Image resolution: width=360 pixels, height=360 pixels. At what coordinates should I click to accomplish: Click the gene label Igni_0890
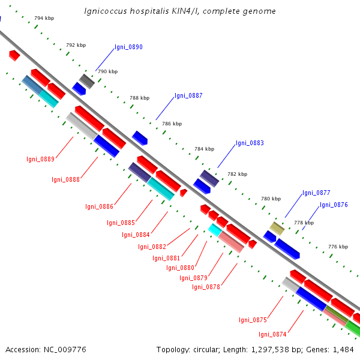[128, 47]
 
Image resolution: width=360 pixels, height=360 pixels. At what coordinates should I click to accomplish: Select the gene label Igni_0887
[188, 95]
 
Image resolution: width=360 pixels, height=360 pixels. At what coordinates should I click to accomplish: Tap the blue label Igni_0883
[250, 143]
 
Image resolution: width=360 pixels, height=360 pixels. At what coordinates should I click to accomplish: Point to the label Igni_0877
[316, 193]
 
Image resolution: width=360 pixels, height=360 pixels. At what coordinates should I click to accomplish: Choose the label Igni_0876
[334, 205]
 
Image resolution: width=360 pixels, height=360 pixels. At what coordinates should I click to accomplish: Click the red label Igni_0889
[41, 159]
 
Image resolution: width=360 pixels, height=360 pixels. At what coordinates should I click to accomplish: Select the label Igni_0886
[99, 206]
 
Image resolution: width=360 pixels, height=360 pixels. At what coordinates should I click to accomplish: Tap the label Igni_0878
[206, 287]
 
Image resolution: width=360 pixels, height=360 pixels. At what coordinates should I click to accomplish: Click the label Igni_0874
[272, 334]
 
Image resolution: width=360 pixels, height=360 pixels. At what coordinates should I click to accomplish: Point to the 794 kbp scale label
[44, 19]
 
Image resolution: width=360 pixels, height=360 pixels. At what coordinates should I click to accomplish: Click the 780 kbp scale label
[271, 198]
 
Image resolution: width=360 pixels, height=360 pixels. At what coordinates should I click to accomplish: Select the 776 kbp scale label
[338, 247]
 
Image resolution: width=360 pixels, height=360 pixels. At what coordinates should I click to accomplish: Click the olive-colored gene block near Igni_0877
[277, 228]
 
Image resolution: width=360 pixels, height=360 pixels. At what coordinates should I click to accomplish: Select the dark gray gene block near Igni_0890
[87, 81]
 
